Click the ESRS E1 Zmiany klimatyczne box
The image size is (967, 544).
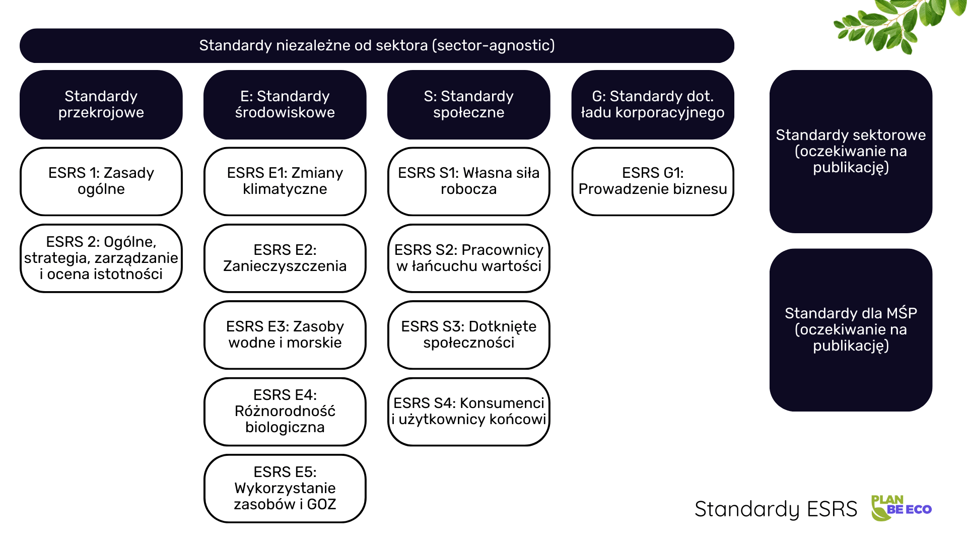(285, 181)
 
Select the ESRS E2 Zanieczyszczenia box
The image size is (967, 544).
(285, 258)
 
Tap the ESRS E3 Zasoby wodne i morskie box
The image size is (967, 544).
(285, 335)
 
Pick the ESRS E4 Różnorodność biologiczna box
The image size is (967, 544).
(285, 412)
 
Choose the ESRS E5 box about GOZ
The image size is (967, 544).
(285, 488)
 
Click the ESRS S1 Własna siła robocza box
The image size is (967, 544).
(468, 181)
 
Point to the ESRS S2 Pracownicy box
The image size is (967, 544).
(468, 258)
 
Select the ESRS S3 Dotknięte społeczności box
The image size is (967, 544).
(468, 335)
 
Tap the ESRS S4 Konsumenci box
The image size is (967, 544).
(468, 412)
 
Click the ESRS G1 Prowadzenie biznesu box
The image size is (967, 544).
(652, 181)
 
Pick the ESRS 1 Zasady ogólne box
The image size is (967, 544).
(101, 181)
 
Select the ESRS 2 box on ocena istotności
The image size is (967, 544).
(101, 258)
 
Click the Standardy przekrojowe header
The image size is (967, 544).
(101, 105)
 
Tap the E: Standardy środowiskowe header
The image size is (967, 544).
(285, 105)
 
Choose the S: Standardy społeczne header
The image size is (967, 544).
(468, 105)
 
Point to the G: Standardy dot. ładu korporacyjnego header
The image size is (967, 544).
(652, 105)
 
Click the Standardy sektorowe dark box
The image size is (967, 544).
(851, 151)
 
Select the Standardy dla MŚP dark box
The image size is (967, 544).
(851, 329)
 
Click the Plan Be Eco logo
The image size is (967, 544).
(901, 508)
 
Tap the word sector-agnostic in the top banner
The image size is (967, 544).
(494, 45)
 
